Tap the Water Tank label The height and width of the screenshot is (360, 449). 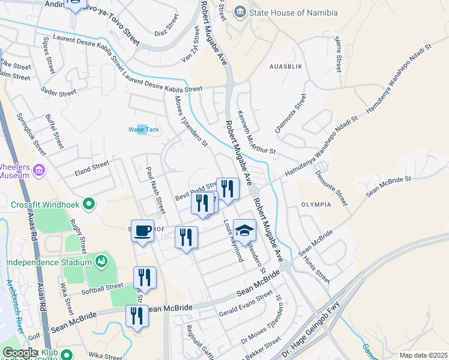[143, 130]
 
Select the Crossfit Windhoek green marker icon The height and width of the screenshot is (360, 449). [89, 204]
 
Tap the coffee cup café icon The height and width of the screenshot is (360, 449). [142, 230]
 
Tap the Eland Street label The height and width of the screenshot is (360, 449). [92, 167]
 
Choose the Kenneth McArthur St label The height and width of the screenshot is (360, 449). [256, 132]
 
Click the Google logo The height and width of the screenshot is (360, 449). [20, 353]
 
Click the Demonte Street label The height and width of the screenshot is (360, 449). [331, 186]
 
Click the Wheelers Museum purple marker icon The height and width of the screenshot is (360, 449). [40, 170]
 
